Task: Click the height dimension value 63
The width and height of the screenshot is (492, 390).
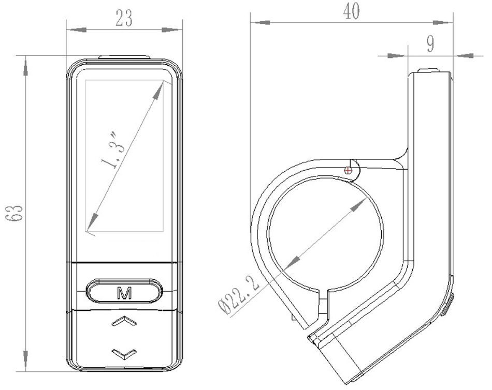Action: pos(15,214)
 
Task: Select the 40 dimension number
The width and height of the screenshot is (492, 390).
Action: pos(351,11)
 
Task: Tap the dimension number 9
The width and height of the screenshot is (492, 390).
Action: pos(430,43)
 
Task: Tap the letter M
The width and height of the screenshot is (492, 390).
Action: pos(124,293)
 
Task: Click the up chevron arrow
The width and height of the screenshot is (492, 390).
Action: pos(124,321)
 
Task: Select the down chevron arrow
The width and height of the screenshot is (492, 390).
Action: pos(124,353)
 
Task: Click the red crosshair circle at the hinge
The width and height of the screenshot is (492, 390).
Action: pos(348,171)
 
